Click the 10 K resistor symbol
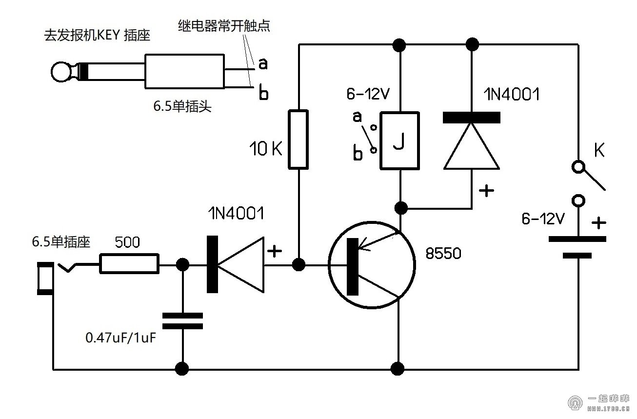point(299,140)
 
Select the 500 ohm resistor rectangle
point(129,263)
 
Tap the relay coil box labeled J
point(399,140)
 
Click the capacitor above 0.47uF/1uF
point(182,321)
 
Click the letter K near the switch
point(599,151)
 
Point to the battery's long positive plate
point(577,239)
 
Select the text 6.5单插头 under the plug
point(182,107)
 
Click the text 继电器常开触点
point(224,26)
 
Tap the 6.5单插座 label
point(61,242)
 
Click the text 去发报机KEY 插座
point(97,36)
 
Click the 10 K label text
point(265,149)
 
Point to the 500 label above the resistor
point(127,242)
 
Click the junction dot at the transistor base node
point(299,265)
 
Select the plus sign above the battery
point(599,223)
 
